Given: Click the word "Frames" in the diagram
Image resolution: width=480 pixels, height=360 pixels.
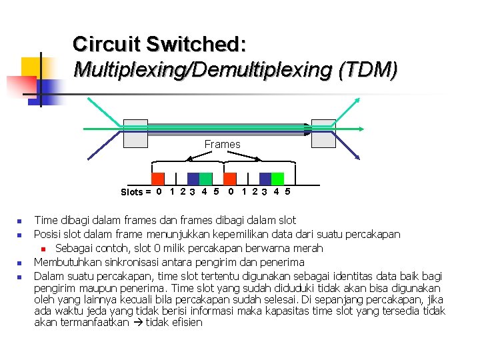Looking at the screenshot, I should [222, 144].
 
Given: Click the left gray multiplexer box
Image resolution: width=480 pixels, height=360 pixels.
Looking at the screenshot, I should [135, 133].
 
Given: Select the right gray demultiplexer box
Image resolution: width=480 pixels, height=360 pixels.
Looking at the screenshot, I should [324, 133].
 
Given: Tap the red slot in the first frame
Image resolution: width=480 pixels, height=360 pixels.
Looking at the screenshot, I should [158, 179].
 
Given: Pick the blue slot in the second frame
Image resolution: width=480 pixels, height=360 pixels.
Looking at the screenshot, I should [265, 179].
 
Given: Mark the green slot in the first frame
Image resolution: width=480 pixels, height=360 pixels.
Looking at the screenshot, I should [206, 179].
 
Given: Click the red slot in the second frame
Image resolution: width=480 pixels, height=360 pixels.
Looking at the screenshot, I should [230, 179].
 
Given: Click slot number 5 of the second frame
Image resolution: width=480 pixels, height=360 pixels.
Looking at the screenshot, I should [287, 192].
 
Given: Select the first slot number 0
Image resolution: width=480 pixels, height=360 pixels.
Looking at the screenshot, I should [158, 192].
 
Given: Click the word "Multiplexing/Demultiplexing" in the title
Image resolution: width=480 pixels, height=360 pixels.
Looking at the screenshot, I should [203, 69].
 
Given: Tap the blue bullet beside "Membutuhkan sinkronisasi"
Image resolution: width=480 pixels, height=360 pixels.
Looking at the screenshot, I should [20, 263].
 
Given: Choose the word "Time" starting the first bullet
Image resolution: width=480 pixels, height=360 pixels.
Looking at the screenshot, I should [45, 220].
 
